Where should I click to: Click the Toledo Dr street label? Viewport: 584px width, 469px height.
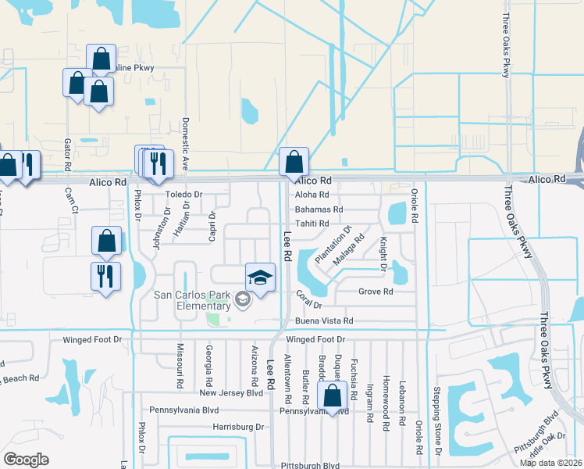tap(183, 194)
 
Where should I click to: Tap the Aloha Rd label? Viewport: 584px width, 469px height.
tap(315, 195)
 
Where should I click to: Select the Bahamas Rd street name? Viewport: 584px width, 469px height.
tap(319, 209)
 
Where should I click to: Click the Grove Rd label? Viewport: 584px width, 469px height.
tap(376, 292)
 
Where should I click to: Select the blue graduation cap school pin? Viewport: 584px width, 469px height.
tap(261, 277)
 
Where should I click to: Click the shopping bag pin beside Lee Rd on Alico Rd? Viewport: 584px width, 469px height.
tap(294, 163)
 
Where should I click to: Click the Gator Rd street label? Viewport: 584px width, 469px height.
tap(68, 155)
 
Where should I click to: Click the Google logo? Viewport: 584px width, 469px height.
tap(26, 460)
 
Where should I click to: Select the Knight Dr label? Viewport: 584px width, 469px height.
tap(383, 253)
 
